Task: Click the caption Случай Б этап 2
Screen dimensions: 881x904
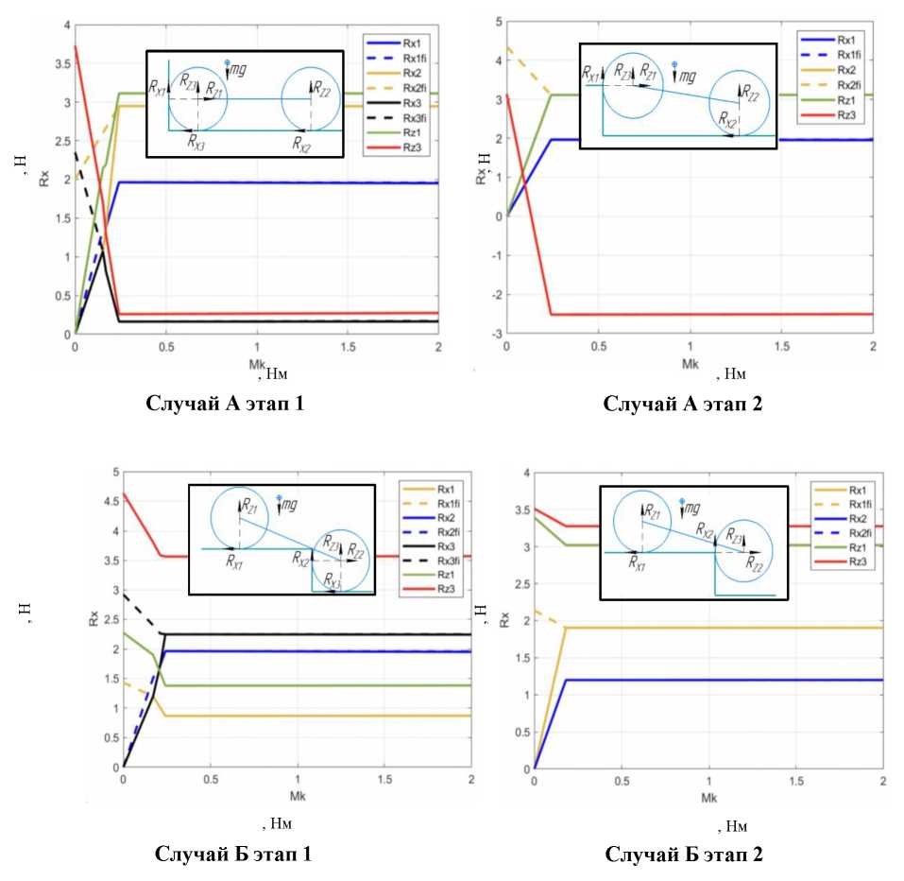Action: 684,855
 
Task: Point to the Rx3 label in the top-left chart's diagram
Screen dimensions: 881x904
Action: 196,143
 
